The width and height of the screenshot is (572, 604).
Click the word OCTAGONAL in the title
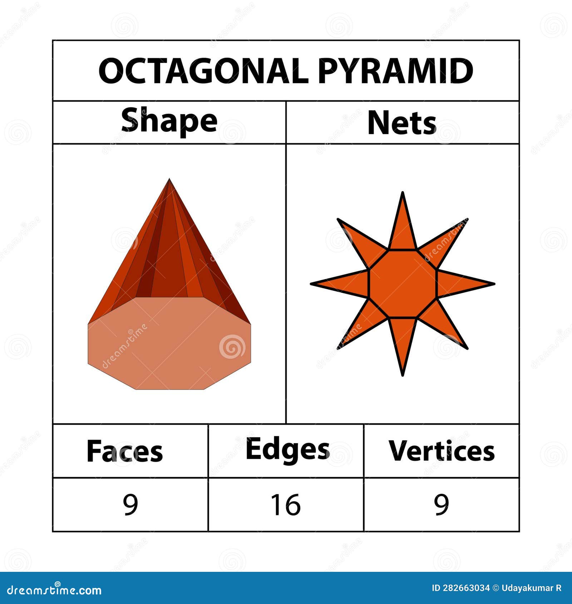point(203,71)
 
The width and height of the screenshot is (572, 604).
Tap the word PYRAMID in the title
point(395,71)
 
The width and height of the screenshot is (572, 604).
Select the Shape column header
point(169,120)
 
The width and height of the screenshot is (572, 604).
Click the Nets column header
point(402,123)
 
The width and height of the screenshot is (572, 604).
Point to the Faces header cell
point(124,451)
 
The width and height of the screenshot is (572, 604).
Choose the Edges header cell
point(287,450)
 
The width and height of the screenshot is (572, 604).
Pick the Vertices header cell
point(442,451)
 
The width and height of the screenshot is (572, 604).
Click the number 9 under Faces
point(130,504)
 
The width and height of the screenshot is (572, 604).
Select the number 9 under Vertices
point(442,504)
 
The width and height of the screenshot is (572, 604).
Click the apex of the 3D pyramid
point(169,180)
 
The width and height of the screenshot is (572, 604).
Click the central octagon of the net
point(403,284)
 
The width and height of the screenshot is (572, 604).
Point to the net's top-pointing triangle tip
point(403,194)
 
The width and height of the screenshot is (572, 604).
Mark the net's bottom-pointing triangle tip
point(403,374)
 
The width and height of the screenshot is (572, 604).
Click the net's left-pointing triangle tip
point(312,284)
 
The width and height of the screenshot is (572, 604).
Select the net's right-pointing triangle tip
point(493,284)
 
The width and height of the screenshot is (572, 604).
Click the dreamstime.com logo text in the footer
point(54,590)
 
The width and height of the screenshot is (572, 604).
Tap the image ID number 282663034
point(466,588)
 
